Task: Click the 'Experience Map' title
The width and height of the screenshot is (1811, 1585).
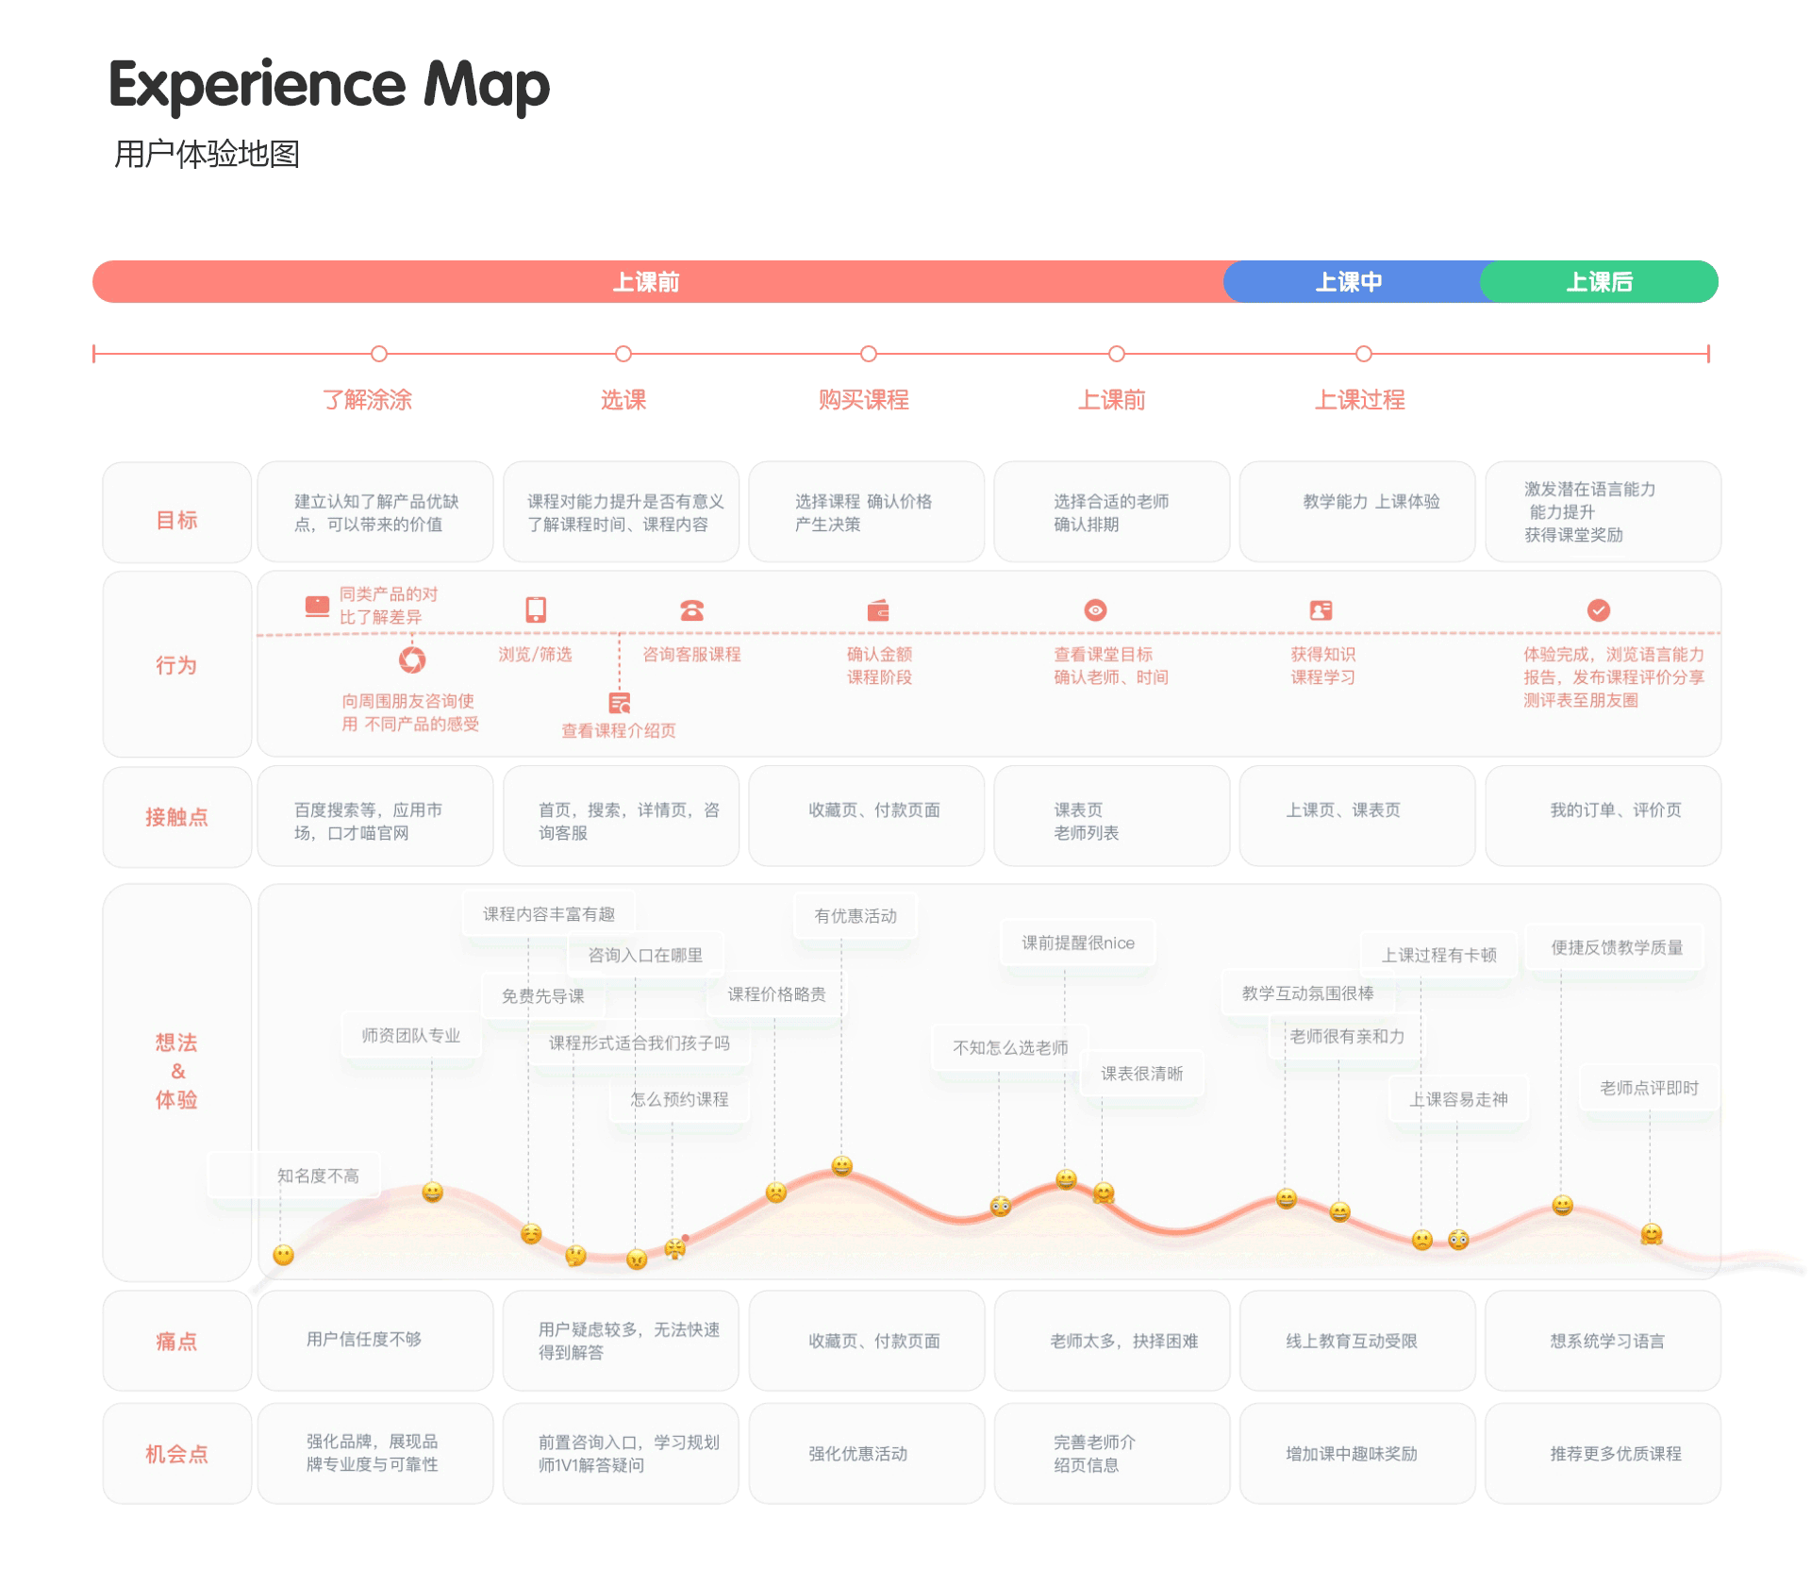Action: point(329,85)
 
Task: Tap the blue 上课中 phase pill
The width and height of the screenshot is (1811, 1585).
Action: point(1349,282)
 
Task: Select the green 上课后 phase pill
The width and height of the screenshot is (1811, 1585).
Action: point(1600,282)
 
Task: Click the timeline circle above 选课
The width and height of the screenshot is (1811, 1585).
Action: point(623,354)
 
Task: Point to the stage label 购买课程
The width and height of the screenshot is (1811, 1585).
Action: point(863,400)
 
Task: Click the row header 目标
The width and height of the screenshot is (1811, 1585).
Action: point(176,520)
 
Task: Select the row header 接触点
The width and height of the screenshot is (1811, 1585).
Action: point(176,817)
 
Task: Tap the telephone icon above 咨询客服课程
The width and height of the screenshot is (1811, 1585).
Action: point(692,610)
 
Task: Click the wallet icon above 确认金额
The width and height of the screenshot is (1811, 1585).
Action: point(878,610)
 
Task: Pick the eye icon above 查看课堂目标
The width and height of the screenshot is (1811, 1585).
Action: point(1095,610)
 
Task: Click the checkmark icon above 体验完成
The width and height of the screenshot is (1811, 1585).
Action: point(1599,610)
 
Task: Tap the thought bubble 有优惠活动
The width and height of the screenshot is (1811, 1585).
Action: point(856,916)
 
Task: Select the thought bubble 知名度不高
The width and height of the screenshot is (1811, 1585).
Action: point(318,1176)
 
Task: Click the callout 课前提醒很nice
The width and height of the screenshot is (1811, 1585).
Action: point(1078,943)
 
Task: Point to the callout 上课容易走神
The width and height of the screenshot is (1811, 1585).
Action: point(1458,1099)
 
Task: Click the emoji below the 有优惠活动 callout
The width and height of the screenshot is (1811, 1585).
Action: point(842,1166)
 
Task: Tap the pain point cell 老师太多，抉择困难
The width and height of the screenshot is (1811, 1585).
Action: point(1124,1341)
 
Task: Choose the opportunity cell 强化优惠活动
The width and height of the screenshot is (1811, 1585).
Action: point(857,1454)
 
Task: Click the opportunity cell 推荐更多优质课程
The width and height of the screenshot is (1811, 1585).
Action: point(1616,1454)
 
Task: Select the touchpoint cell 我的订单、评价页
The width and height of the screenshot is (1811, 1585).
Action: point(1616,810)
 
